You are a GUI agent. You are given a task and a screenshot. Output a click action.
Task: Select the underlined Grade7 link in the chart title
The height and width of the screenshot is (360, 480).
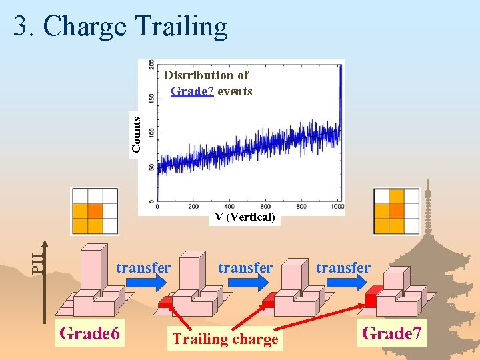coord(192,91)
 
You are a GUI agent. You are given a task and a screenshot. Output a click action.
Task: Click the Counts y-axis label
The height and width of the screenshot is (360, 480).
coord(136,134)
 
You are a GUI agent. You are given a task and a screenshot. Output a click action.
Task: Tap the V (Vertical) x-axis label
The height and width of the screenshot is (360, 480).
coord(245,217)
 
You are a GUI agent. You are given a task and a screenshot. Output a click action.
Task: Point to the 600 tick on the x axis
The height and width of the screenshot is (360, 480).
coord(266,207)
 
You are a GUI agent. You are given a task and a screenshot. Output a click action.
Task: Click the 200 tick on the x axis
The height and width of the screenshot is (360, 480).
coord(193,207)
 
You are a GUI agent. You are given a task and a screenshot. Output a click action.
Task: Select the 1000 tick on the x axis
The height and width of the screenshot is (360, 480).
coord(337,207)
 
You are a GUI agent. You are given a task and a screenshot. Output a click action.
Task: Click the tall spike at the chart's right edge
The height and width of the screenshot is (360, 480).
coord(341,93)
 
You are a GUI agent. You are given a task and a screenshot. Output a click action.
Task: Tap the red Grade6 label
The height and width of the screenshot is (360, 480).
coord(90,332)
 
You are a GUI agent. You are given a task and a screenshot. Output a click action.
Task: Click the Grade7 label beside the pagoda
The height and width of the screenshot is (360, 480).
coord(392,333)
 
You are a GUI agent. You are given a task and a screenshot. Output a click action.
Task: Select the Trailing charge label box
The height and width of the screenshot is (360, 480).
coord(225,339)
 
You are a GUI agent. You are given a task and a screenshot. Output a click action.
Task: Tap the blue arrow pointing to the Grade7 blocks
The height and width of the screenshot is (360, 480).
coord(345,283)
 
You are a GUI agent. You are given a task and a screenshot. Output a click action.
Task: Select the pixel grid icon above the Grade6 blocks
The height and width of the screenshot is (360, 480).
coord(95,211)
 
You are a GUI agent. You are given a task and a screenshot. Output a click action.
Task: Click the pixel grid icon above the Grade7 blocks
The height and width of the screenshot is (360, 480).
coord(397,211)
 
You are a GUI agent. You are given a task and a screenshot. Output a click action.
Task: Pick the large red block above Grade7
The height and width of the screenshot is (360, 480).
coord(374,295)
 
